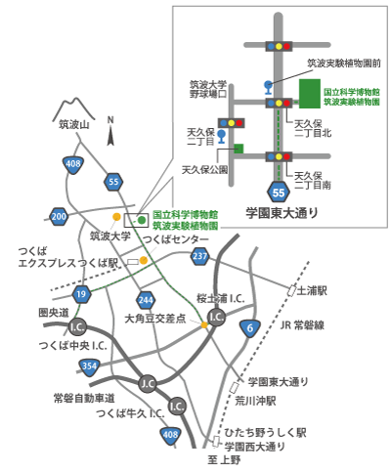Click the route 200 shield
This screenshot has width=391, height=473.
60,216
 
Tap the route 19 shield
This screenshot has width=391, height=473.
80,293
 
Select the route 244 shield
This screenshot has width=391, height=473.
147,299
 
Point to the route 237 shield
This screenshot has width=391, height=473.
199,256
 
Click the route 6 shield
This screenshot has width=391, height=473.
250,327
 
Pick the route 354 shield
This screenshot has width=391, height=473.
89,365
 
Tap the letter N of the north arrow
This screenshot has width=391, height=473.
110,121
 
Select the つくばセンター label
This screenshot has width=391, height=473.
176,239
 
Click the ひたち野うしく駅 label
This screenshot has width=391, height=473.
266,431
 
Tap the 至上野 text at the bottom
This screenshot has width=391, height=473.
224,459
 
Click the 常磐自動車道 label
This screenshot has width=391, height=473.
84,398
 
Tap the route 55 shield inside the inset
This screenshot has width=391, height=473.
280,191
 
